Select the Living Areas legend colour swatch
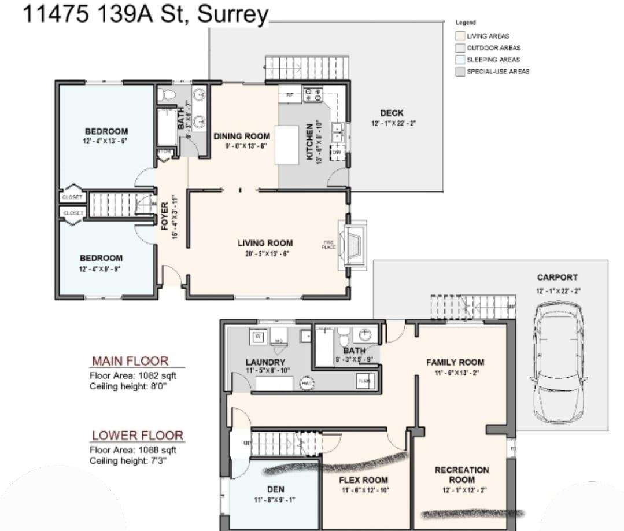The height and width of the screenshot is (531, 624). tap(461, 36)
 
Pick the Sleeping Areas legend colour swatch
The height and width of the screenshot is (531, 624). tap(461, 60)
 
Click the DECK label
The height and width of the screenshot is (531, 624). tap(392, 113)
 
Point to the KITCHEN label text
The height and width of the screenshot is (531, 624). tap(310, 141)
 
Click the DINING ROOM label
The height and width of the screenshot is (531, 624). tap(242, 137)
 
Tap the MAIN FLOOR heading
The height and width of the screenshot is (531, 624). tap(130, 362)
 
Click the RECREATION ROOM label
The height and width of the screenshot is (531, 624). tap(461, 475)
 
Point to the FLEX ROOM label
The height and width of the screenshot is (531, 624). tap(363, 480)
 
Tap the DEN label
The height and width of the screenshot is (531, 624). tap(275, 489)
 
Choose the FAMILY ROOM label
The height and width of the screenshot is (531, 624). tap(455, 363)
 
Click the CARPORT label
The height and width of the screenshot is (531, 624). tap(556, 278)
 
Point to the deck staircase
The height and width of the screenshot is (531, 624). tap(307, 68)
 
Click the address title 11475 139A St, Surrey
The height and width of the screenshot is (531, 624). tap(146, 14)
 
